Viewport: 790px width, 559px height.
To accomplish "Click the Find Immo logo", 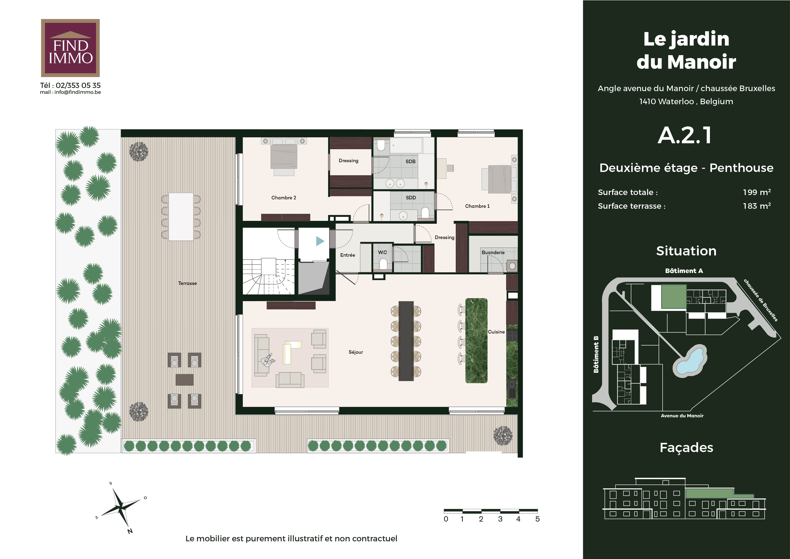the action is [x=70, y=48].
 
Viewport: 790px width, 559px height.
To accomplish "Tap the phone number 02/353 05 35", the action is [x=78, y=85].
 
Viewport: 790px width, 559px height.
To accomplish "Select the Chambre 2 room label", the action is [x=283, y=198].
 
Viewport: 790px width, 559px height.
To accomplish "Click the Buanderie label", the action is [x=493, y=252].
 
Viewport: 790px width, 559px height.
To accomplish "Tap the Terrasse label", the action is [x=188, y=283].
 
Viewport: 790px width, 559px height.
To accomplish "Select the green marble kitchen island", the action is [x=476, y=340].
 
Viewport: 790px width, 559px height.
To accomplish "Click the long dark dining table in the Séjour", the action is [x=406, y=341].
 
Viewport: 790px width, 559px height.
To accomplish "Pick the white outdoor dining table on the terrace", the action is [x=181, y=217].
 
